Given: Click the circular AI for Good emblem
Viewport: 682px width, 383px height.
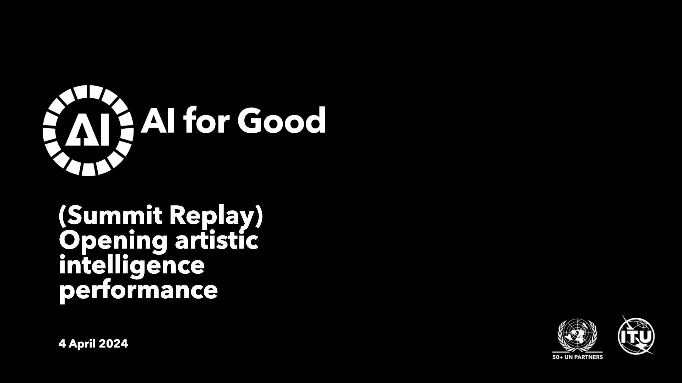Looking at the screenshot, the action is pyautogui.click(x=88, y=131).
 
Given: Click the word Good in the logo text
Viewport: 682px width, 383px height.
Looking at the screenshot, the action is pyautogui.click(x=285, y=120).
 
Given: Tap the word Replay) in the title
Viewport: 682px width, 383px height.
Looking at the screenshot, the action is pyautogui.click(x=216, y=216).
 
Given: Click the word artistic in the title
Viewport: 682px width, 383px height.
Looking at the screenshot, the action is pyautogui.click(x=216, y=240).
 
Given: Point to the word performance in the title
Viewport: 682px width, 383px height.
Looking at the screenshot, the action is pyautogui.click(x=138, y=291).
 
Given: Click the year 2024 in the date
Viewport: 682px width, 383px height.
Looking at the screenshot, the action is pyautogui.click(x=113, y=344).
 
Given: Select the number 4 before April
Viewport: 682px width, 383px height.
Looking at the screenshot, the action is pyautogui.click(x=62, y=344).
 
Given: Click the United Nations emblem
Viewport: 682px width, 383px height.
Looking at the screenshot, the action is pyautogui.click(x=577, y=335).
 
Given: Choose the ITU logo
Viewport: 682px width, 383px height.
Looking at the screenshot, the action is pyautogui.click(x=636, y=335).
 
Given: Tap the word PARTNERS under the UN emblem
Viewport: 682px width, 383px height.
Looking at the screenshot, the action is pyautogui.click(x=590, y=357).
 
